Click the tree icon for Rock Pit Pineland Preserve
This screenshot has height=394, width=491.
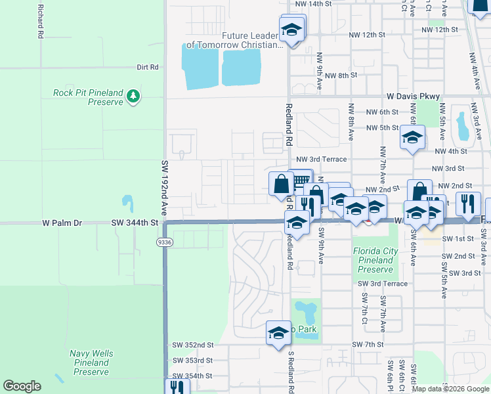[133, 97]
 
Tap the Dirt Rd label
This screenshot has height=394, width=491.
[148, 67]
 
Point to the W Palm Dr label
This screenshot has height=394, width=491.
[62, 223]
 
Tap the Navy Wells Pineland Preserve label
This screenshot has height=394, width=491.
[91, 362]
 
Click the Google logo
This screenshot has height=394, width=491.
[22, 386]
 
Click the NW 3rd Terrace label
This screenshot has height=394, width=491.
[320, 159]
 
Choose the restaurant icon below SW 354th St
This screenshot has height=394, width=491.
[176, 387]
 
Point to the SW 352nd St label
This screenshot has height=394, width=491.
[193, 345]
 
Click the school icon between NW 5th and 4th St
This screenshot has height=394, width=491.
[412, 137]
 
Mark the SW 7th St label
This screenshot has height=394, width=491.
[368, 345]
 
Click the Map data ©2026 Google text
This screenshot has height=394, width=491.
[450, 389]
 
